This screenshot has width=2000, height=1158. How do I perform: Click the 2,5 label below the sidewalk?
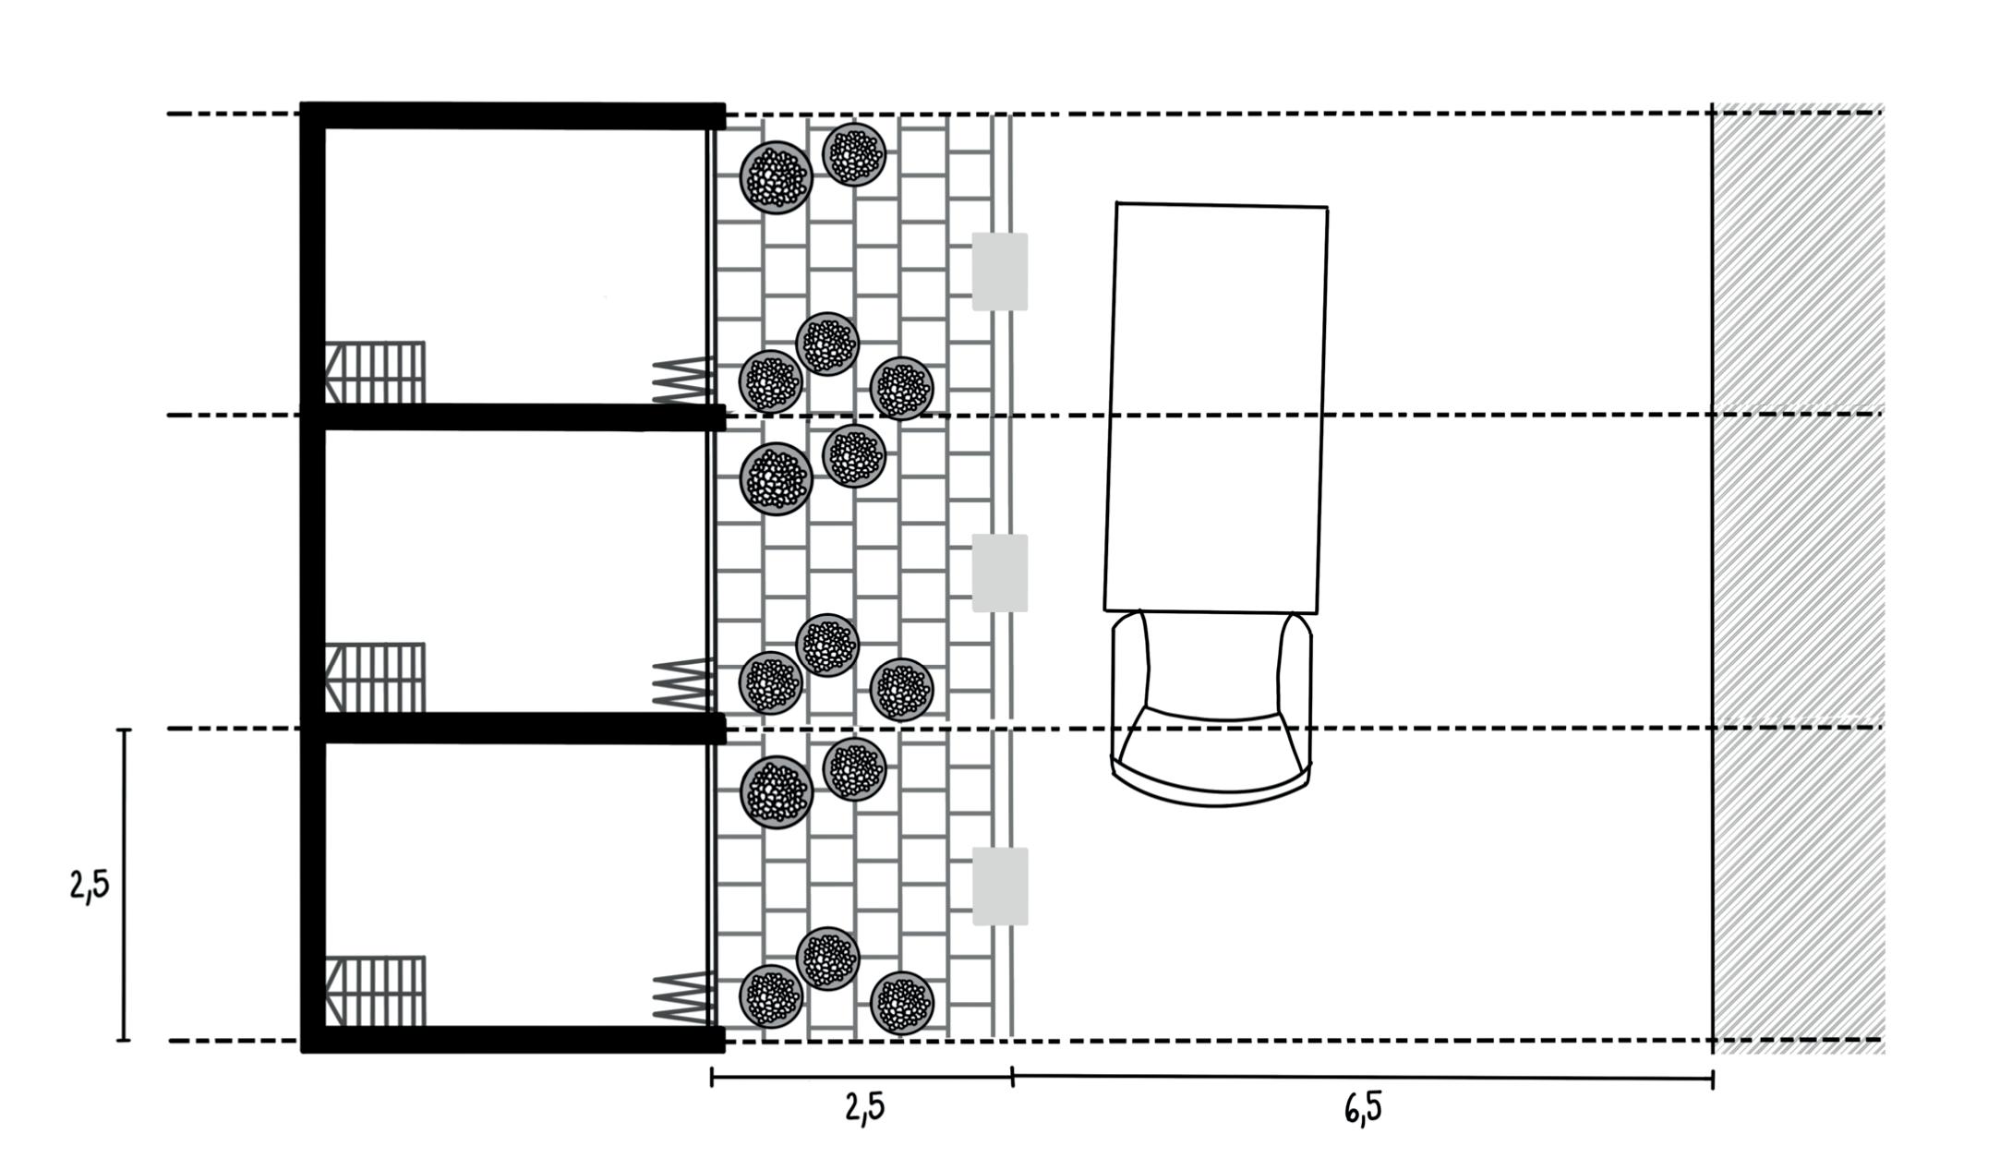[864, 1107]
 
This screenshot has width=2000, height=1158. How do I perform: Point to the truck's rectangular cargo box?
[1216, 406]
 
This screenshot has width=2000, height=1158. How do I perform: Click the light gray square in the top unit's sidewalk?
[1000, 271]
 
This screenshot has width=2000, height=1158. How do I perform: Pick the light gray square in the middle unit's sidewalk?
[1000, 573]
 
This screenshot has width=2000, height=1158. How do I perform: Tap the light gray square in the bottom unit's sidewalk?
[1000, 887]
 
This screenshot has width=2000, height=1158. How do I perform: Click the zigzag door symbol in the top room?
[681, 380]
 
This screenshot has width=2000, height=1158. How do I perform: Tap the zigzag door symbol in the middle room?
[681, 683]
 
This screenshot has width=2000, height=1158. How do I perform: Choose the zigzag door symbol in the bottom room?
[681, 997]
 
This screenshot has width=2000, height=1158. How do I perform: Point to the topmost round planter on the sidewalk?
[854, 154]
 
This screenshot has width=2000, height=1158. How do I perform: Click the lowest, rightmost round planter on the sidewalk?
[902, 1003]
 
